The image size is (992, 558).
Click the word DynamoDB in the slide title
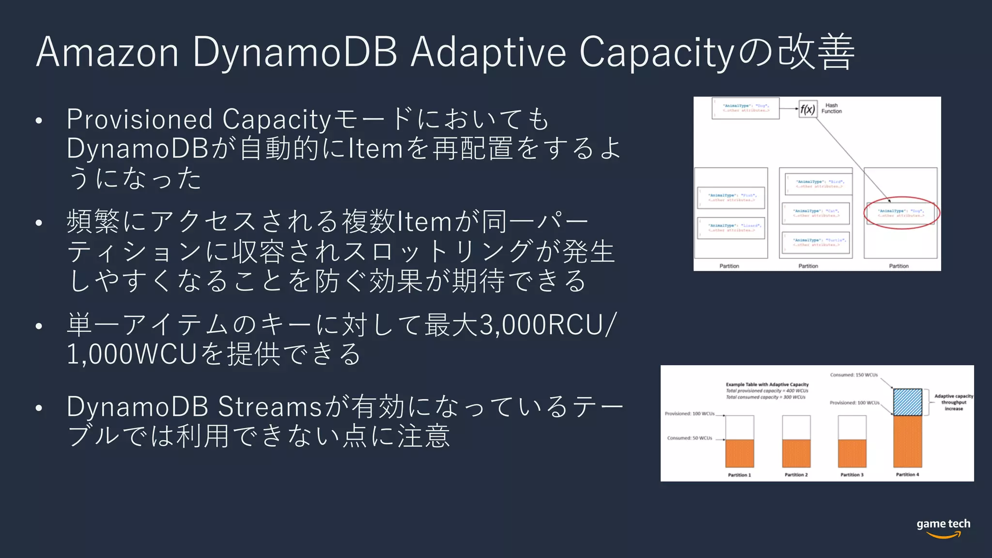pos(295,52)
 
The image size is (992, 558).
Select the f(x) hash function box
pos(807,109)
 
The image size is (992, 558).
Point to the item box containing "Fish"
pos(731,198)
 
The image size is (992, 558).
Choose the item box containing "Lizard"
pos(731,228)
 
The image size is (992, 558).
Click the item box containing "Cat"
pos(816,213)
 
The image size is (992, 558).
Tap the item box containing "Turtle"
pos(817,242)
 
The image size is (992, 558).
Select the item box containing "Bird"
pos(819,184)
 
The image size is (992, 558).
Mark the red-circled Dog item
pos(901,213)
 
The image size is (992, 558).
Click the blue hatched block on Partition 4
pos(907,402)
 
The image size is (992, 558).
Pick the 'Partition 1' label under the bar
pos(739,475)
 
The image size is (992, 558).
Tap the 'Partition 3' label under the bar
pos(852,475)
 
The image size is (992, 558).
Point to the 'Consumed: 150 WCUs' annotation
pos(853,375)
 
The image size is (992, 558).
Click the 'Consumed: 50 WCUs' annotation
pos(689,438)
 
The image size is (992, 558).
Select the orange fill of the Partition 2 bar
pos(796,453)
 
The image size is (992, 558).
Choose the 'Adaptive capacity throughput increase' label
pos(953,403)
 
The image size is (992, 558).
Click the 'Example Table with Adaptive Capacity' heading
pos(767,385)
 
